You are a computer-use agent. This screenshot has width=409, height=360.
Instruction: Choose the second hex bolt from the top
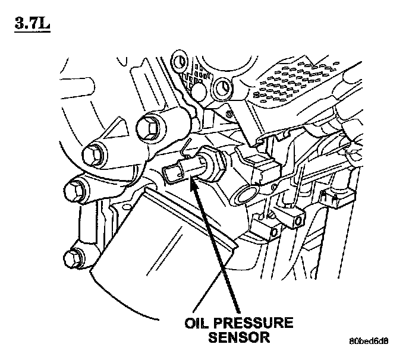click(x=93, y=155)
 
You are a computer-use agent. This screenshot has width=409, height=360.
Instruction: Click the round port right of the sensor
click(x=246, y=193)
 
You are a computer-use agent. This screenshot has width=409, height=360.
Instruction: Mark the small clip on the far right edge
click(x=331, y=199)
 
